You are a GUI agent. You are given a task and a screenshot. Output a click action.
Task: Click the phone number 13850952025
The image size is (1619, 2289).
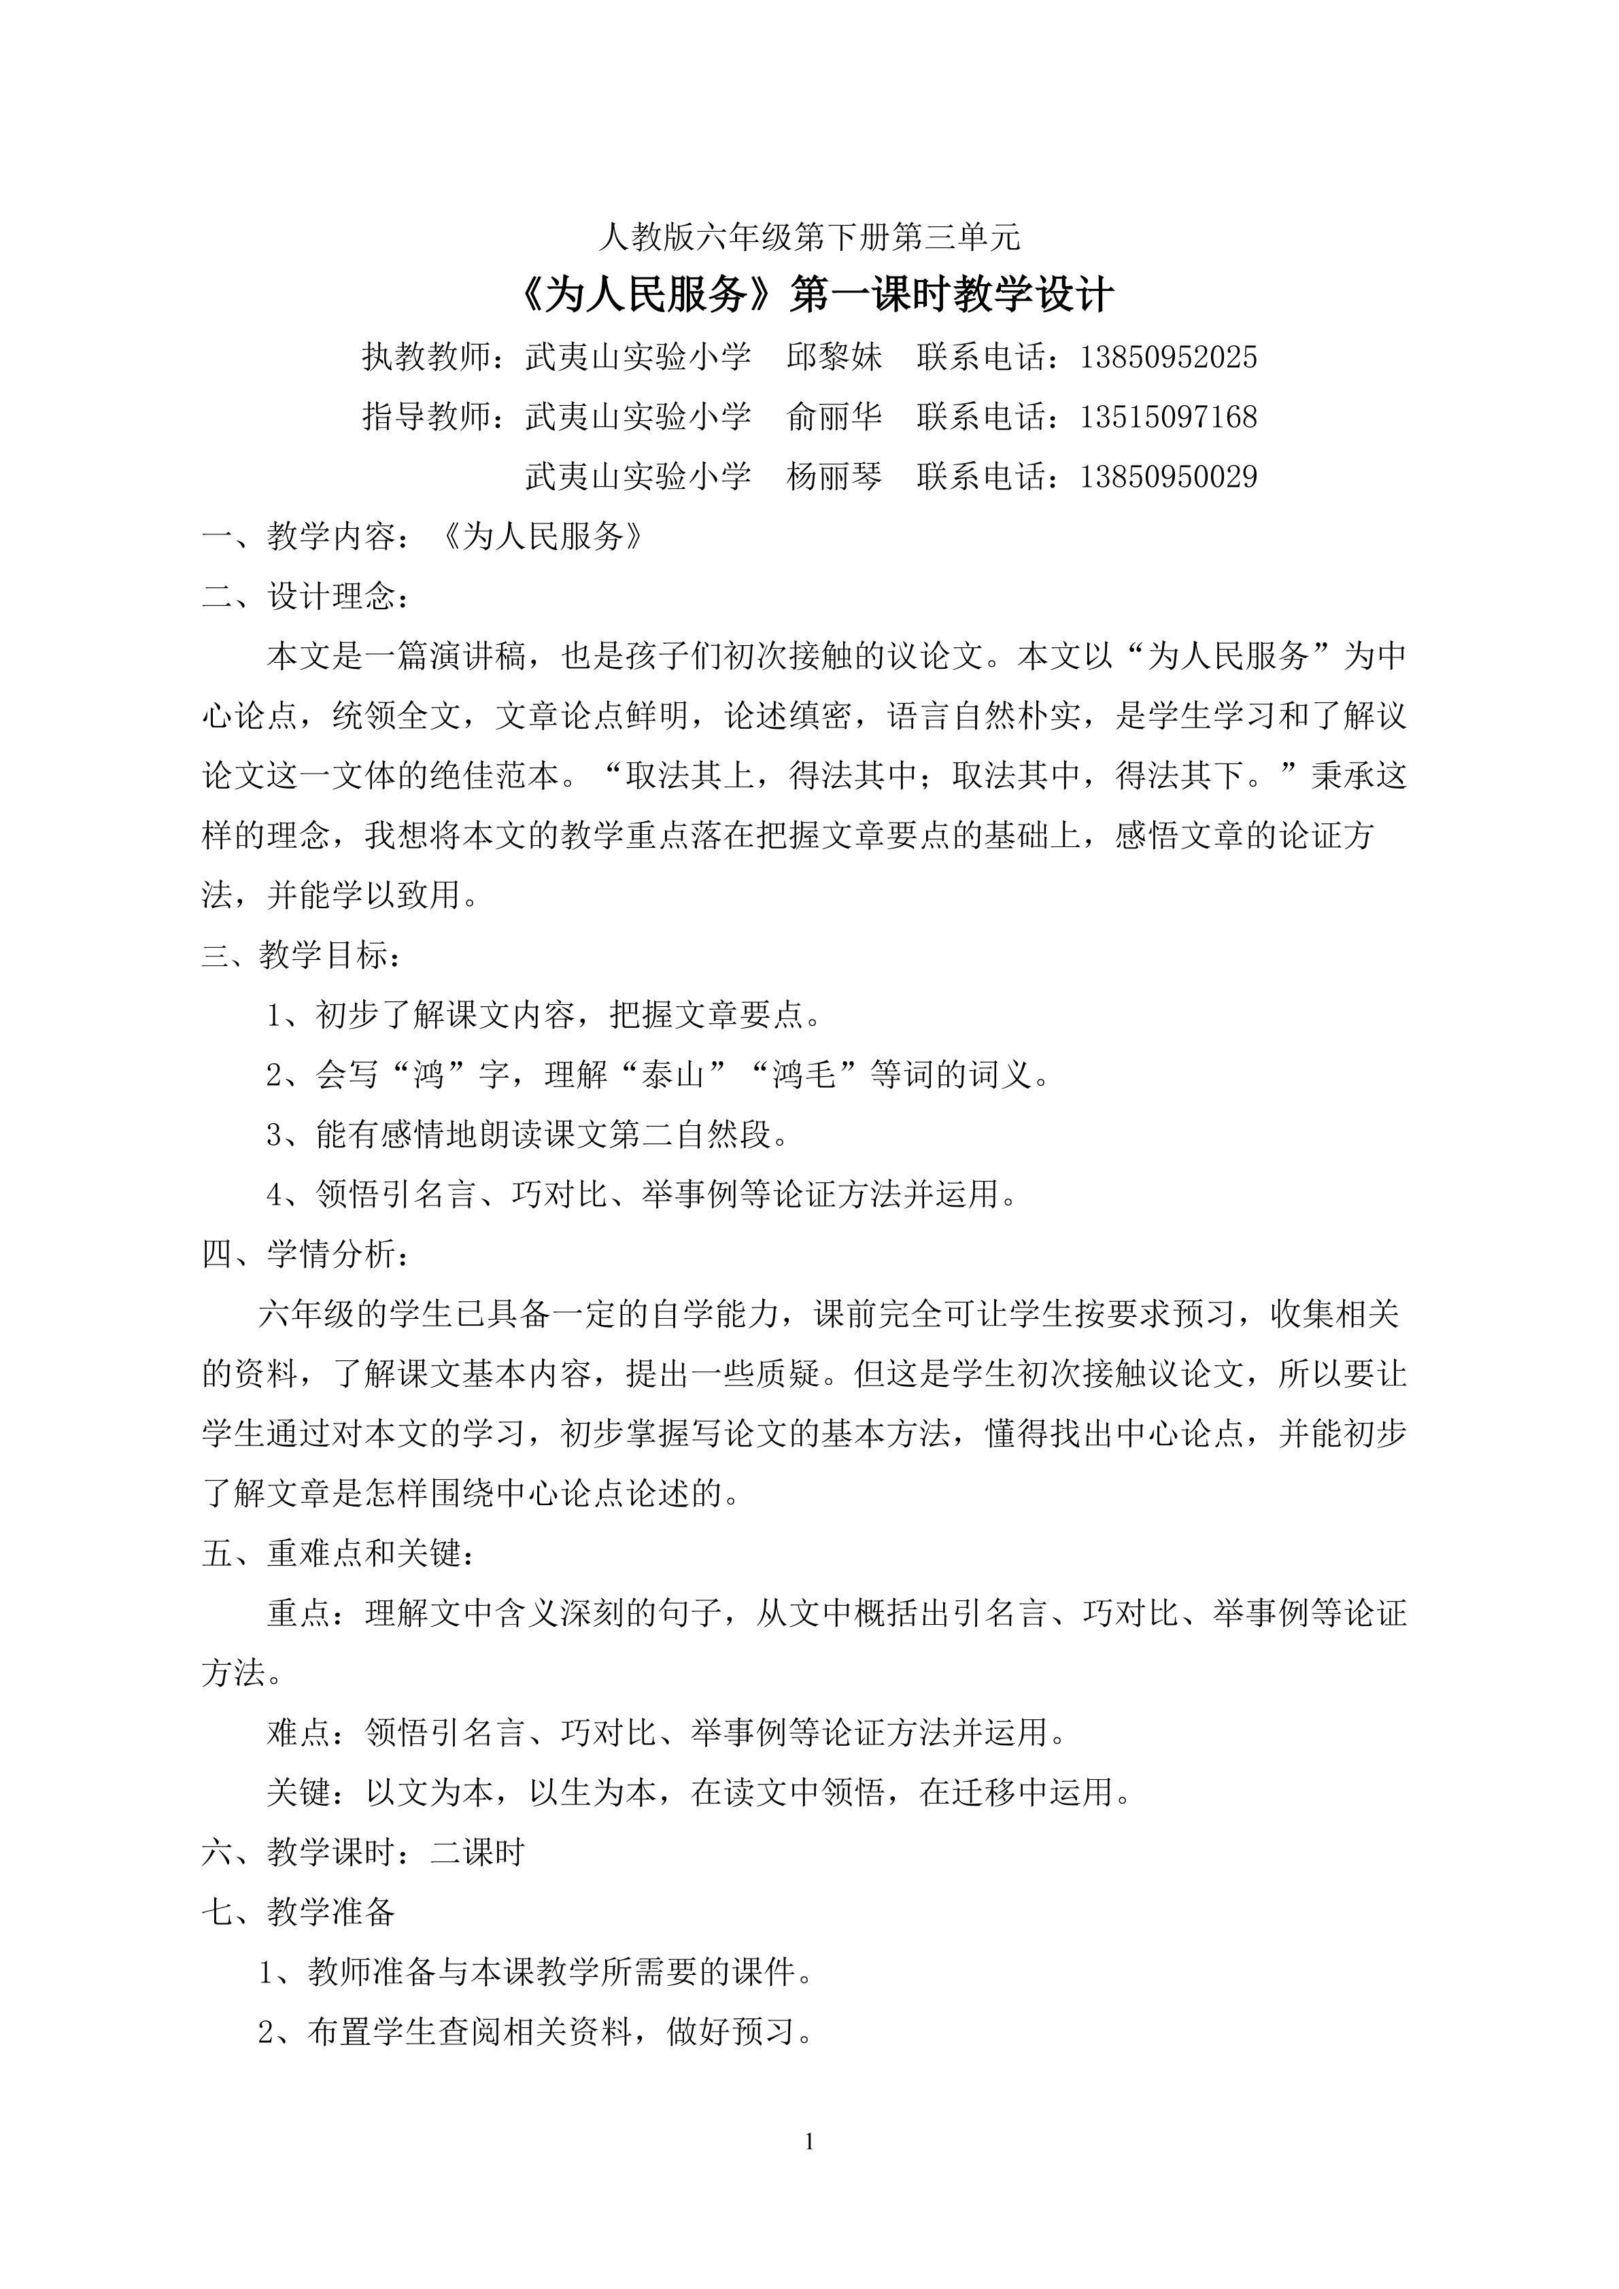click(x=1168, y=357)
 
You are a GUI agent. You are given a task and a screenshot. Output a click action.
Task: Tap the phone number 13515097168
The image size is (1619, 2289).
click(x=1168, y=417)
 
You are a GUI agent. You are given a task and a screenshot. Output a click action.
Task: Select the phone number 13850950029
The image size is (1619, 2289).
click(x=1168, y=477)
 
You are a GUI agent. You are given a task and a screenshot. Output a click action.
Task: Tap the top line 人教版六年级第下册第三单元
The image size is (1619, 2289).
click(x=809, y=237)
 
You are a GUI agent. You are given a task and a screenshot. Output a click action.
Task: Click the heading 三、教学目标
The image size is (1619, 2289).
click(x=300, y=955)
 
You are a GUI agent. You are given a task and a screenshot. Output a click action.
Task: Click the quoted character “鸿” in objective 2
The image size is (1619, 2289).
click(x=430, y=1075)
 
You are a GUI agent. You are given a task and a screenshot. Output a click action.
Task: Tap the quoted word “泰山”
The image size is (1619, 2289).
click(x=674, y=1075)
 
